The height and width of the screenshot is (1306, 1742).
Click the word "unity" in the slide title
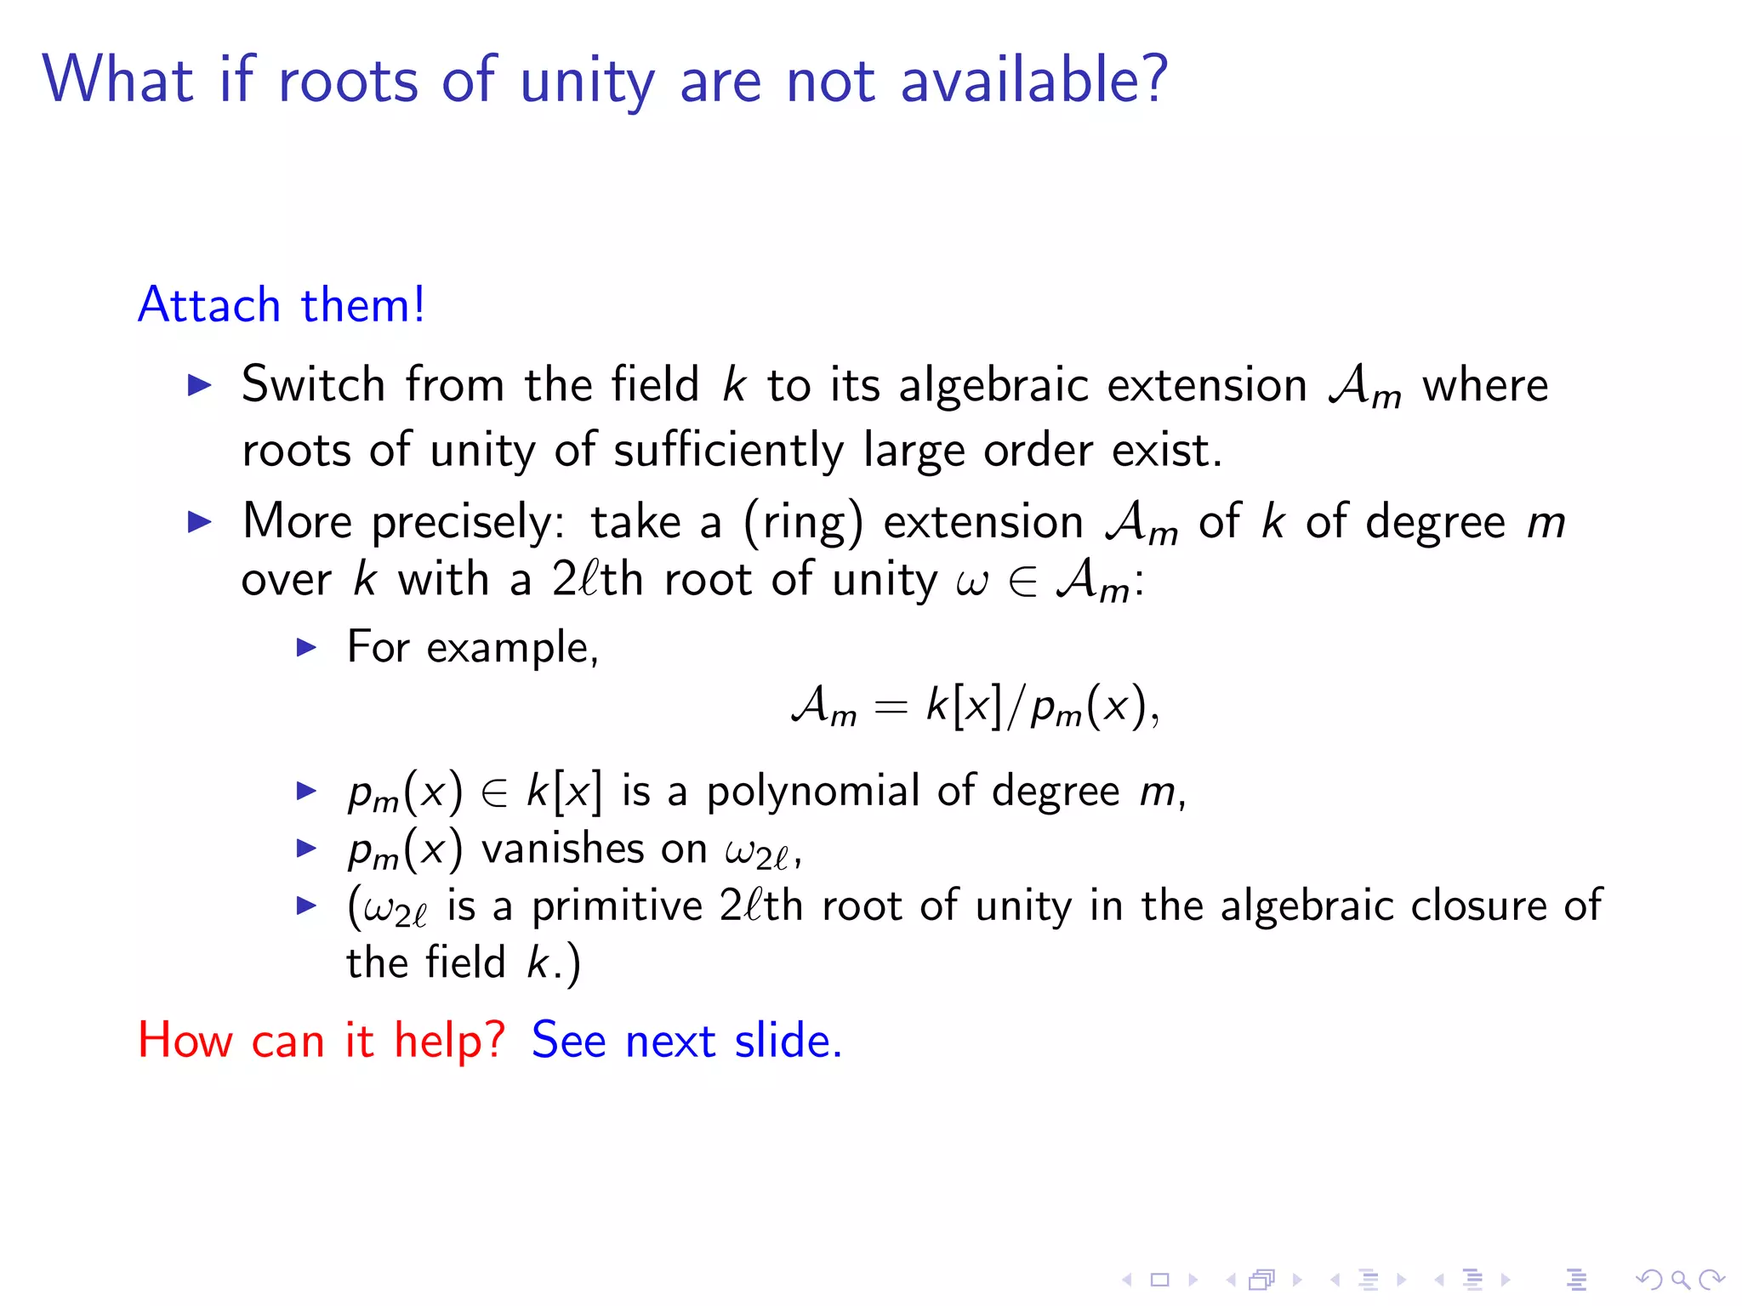pyautogui.click(x=587, y=82)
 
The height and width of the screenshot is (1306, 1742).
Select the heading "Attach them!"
pyautogui.click(x=282, y=304)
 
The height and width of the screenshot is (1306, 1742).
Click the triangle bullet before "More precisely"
pyautogui.click(x=199, y=521)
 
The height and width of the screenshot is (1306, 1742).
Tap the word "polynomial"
pyautogui.click(x=812, y=792)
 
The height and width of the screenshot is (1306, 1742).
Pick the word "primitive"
pyautogui.click(x=617, y=906)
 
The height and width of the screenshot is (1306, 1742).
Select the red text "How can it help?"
pyautogui.click(x=322, y=1040)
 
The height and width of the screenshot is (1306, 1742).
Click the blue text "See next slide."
pyautogui.click(x=686, y=1040)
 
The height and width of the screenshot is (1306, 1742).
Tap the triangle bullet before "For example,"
pyautogui.click(x=306, y=648)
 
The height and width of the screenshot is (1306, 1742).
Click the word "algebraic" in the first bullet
pyautogui.click(x=993, y=385)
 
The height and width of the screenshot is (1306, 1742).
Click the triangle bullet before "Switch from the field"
pyautogui.click(x=199, y=385)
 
